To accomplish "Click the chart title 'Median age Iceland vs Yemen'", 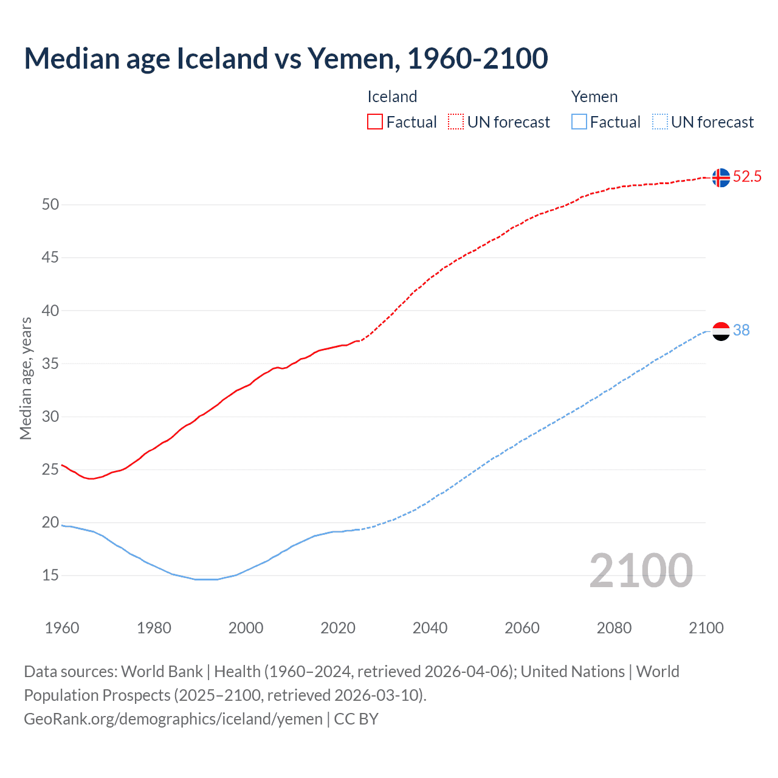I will coord(286,58).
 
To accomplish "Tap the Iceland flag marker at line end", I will coord(720,177).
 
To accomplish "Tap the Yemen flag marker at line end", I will coord(720,331).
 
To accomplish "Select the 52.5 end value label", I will coord(747,177).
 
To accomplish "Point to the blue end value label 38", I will coord(741,330).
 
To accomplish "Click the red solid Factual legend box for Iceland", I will coord(375,122).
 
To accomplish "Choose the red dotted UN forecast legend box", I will coord(456,122).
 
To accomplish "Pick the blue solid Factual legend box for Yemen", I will coord(579,122).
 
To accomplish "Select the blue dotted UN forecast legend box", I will coord(659,122).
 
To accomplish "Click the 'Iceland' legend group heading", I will coord(392,97).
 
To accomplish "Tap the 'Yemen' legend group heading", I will coord(594,97).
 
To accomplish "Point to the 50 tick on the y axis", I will coord(50,205).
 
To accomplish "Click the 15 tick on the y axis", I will coord(50,575).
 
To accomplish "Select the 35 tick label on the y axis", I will coord(50,363).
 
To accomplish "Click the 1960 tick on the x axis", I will coord(62,628).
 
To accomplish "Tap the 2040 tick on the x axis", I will coord(430,628).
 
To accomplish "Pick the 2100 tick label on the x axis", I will coord(706,628).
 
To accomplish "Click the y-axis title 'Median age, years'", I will coord(26,378).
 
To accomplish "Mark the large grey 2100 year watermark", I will coord(641,570).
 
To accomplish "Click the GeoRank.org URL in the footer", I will coord(173,719).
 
